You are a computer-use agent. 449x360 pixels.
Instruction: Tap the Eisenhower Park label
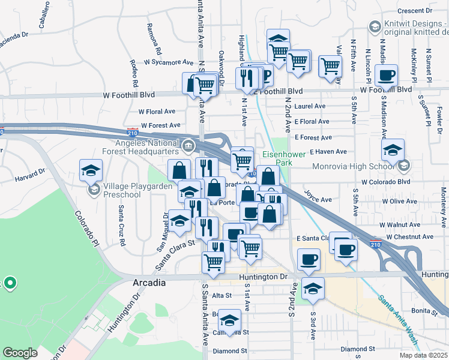[284, 158]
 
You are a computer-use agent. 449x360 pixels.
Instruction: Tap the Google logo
[20, 353]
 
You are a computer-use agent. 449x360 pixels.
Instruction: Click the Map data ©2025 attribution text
[424, 355]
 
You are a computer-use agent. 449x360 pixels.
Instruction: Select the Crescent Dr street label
[420, 11]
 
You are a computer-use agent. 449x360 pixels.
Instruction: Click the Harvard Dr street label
[30, 175]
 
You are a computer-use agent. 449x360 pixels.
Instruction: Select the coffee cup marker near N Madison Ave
[386, 76]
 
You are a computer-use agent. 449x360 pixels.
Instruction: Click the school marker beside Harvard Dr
[91, 170]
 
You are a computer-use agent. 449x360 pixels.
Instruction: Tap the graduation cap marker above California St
[229, 320]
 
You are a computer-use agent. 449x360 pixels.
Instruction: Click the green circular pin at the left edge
[10, 282]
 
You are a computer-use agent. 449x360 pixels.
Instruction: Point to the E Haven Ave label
[328, 152]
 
